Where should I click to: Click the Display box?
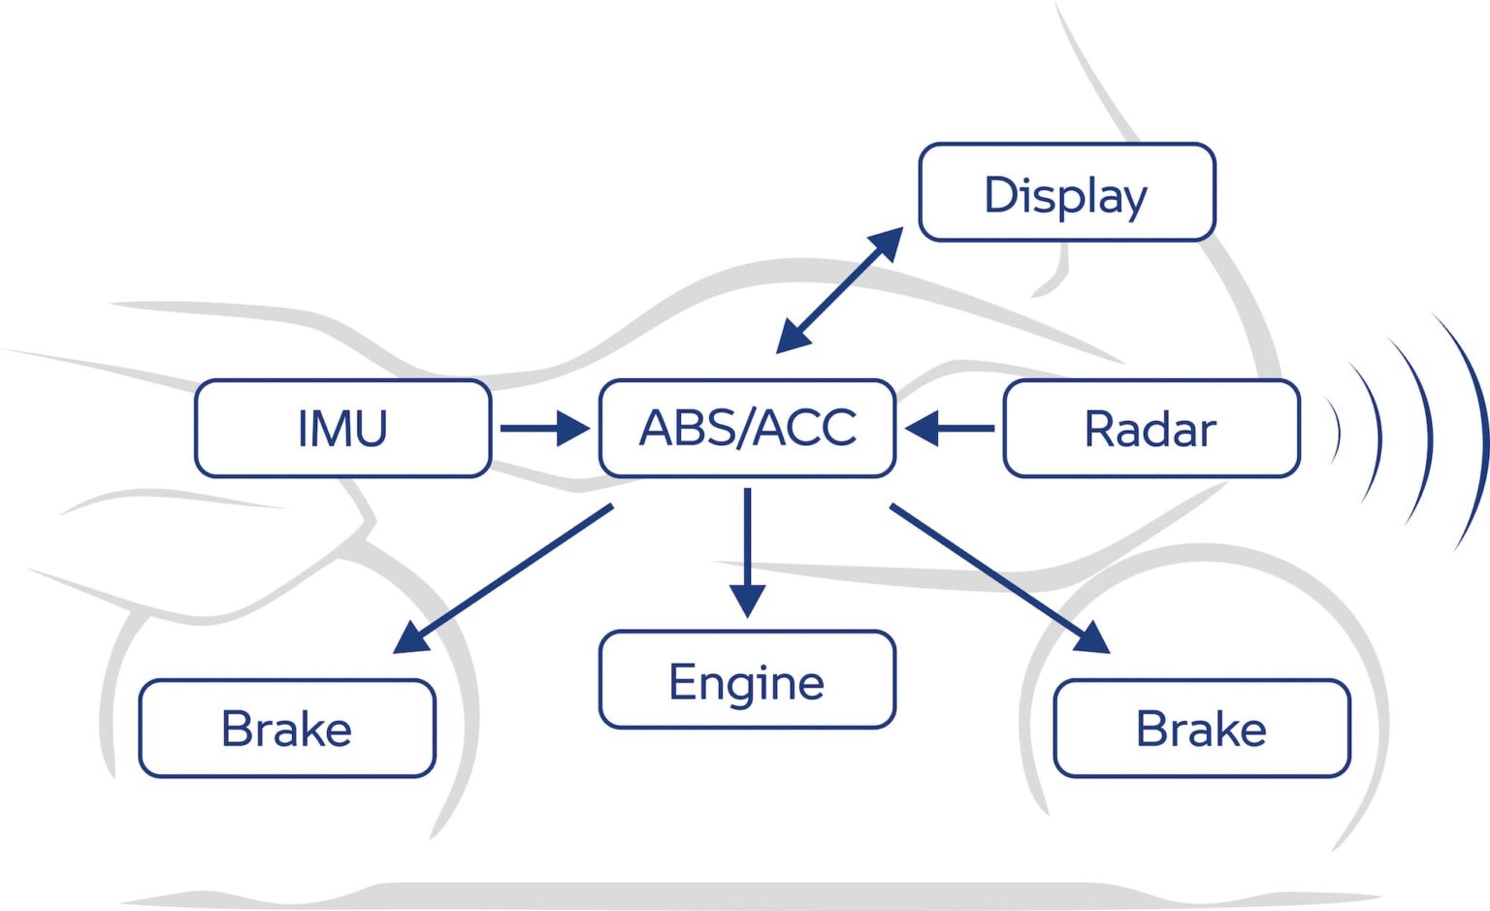[1066, 192]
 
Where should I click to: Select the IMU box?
[342, 428]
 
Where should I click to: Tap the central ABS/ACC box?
[747, 428]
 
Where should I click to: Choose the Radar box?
[1150, 428]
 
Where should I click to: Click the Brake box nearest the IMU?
[287, 728]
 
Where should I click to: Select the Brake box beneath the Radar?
[1201, 728]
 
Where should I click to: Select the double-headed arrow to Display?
[839, 290]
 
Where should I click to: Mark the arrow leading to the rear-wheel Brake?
[504, 577]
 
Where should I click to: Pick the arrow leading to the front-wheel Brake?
[999, 577]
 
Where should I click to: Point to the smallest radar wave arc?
[1337, 433]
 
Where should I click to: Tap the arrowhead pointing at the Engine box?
[747, 601]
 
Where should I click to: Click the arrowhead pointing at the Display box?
[887, 244]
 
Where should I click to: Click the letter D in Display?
[999, 194]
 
